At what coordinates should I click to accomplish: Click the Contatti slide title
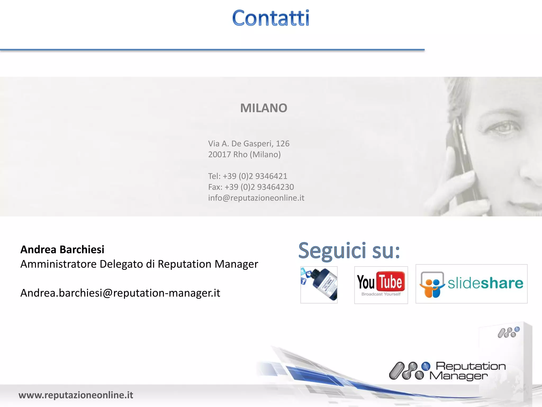(270, 18)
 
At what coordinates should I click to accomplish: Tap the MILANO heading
(264, 108)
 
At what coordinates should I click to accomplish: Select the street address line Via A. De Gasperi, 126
(249, 144)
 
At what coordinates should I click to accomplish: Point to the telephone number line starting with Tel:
(247, 176)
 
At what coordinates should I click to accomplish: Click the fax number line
(251, 187)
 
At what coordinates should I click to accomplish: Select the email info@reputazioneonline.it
(256, 198)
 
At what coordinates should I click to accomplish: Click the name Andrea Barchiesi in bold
(62, 250)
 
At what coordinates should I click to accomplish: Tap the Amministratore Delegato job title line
(139, 264)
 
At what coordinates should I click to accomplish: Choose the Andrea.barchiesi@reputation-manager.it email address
(120, 293)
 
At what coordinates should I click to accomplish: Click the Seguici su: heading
(349, 250)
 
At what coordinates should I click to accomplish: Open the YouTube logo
(381, 282)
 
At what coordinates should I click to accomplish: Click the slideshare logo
(471, 284)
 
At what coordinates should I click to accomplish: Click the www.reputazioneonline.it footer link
(76, 395)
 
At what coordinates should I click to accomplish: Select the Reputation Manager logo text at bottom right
(467, 371)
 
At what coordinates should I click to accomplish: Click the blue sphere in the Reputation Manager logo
(426, 366)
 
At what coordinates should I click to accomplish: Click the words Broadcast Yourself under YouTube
(381, 294)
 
